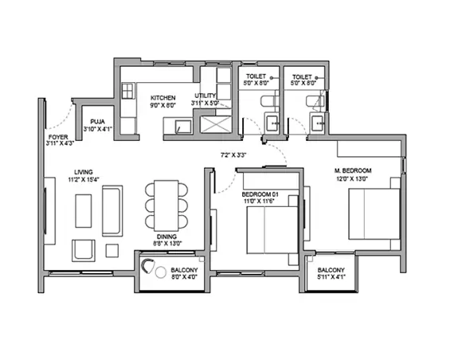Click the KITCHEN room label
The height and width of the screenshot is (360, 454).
163,98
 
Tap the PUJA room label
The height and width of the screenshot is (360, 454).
98,121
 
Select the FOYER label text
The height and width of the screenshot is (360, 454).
58,137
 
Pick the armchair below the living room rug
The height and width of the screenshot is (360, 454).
83,249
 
